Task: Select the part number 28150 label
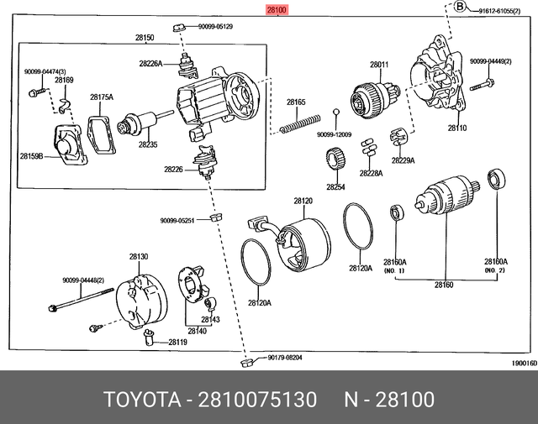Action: [x=144, y=38]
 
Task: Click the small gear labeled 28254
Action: [x=335, y=157]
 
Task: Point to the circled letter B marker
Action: [x=459, y=8]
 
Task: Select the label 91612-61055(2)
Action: [x=503, y=11]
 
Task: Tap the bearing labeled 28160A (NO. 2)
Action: [x=497, y=179]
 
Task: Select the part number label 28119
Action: [x=177, y=342]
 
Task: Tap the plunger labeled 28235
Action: [x=137, y=127]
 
